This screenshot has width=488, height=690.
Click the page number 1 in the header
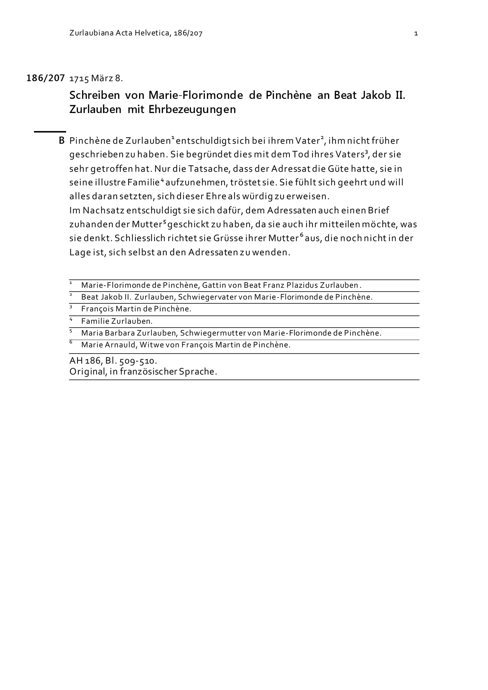pos(416,33)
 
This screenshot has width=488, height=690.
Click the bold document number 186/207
pos(46,78)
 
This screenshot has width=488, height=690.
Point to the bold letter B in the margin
pos(61,141)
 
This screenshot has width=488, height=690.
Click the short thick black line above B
pos(50,132)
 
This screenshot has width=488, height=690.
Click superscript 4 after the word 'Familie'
pos(162,180)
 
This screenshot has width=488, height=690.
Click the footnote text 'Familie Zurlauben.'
pos(117,321)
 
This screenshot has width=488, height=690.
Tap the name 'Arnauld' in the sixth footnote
pos(121,345)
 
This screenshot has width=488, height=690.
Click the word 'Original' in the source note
pos(88,372)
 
